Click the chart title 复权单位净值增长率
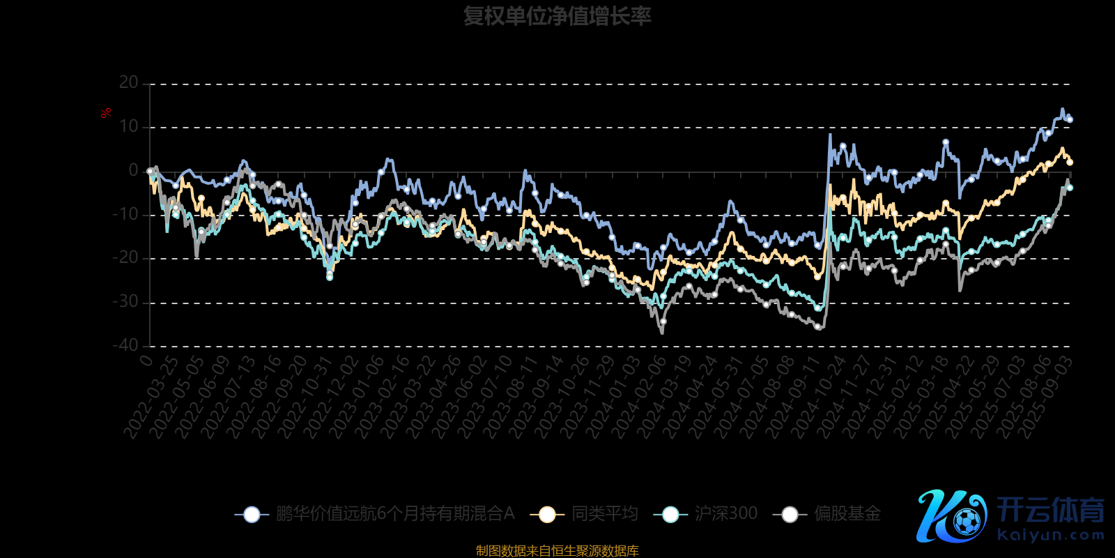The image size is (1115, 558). pyautogui.click(x=557, y=16)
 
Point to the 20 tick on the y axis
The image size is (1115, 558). pyautogui.click(x=129, y=83)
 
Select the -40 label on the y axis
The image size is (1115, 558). pyautogui.click(x=125, y=345)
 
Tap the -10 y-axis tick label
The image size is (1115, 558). pyautogui.click(x=125, y=215)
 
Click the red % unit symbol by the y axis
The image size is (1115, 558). pyautogui.click(x=106, y=113)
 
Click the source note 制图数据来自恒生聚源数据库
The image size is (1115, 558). pyautogui.click(x=557, y=551)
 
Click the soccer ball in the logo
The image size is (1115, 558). pyautogui.click(x=967, y=521)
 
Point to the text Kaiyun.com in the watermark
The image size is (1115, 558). pyautogui.click(x=1051, y=536)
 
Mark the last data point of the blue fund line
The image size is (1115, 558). pyautogui.click(x=1070, y=120)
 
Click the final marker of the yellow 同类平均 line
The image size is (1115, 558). pyautogui.click(x=1070, y=162)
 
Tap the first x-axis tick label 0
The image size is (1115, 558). pyautogui.click(x=146, y=360)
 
